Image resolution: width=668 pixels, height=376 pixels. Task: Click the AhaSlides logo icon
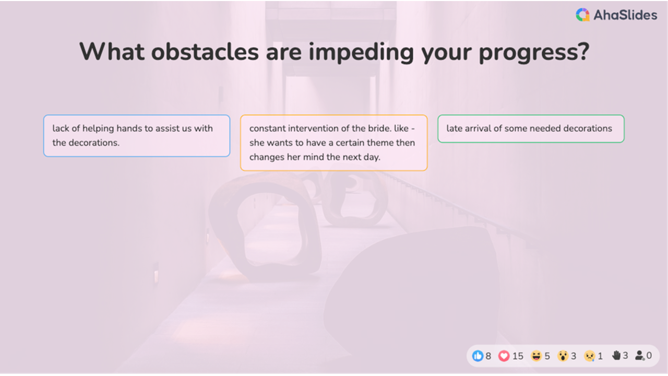tap(582, 15)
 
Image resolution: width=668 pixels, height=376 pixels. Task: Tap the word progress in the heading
tap(534, 52)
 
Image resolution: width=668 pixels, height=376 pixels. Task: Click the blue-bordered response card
tap(137, 136)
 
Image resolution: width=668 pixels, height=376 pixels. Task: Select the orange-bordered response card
tap(333, 143)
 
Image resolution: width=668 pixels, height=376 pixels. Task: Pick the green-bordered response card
tap(531, 128)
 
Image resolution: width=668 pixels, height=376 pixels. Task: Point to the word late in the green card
tap(455, 128)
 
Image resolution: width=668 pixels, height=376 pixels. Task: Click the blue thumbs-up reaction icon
tap(478, 356)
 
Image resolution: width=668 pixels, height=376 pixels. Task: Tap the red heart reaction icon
tap(504, 356)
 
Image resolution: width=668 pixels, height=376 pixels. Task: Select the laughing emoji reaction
tap(536, 356)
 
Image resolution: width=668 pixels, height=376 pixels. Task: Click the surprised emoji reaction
tap(563, 356)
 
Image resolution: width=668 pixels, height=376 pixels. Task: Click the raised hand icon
tap(616, 356)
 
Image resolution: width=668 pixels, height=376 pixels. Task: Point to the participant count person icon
tap(640, 356)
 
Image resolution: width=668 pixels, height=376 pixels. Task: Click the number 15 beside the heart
tap(518, 356)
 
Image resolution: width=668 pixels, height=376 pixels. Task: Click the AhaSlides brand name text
tap(625, 15)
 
